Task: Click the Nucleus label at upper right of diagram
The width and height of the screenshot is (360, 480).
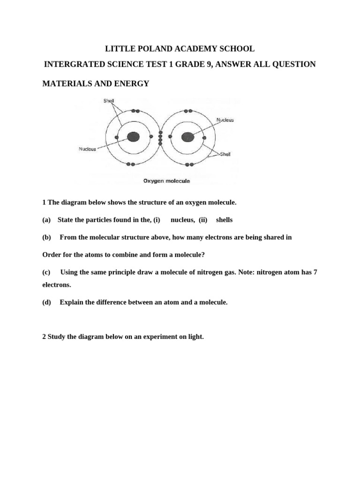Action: [225, 120]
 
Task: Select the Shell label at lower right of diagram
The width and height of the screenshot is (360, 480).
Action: [225, 154]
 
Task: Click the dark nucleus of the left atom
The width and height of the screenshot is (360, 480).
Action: [133, 137]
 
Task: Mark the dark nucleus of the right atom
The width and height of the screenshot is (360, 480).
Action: [187, 137]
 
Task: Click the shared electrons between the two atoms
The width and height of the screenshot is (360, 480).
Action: [160, 137]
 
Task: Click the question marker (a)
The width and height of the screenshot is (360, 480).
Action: [46, 220]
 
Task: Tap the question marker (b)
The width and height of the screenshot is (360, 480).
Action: [46, 237]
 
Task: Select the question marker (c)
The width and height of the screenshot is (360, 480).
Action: [46, 272]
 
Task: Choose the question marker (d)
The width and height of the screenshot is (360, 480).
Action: [46, 302]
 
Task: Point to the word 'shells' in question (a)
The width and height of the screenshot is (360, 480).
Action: [224, 220]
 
